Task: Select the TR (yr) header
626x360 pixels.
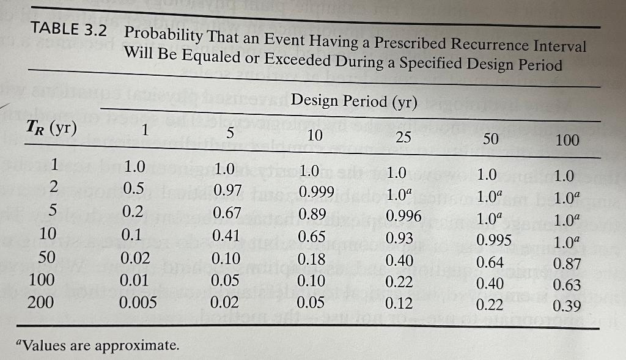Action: [52, 129]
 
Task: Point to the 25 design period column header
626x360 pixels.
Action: [403, 137]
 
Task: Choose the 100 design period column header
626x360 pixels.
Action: [567, 140]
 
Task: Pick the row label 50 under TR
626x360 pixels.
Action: [46, 256]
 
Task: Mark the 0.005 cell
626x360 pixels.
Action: [138, 303]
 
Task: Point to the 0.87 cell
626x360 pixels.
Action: [567, 264]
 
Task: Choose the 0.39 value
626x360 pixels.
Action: [567, 306]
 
